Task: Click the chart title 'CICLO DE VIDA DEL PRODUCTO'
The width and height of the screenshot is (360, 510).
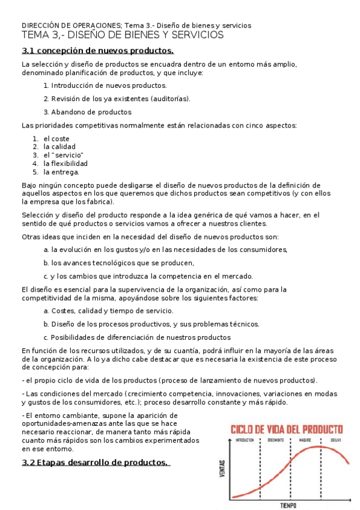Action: point(287,429)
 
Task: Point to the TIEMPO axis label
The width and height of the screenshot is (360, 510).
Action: point(288,505)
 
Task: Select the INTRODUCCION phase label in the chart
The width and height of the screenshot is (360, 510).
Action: point(245,440)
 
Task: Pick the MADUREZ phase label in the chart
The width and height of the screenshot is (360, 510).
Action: point(305,440)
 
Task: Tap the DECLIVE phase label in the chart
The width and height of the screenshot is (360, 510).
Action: point(335,440)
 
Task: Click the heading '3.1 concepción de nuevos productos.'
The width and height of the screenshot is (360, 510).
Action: point(97,51)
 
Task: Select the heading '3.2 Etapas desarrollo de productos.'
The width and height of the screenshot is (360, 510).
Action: point(95,462)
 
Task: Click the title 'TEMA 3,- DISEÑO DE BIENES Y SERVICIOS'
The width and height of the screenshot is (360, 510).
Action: point(123,35)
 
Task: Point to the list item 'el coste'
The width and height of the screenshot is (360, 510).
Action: point(56,138)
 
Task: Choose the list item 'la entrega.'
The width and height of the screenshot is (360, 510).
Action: point(61,171)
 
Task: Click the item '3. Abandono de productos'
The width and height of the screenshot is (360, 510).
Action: point(87,112)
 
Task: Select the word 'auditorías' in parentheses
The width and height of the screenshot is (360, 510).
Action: point(170,99)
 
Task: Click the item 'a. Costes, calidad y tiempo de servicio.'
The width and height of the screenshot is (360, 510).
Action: point(108,311)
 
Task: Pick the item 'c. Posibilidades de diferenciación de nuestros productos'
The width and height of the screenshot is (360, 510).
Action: point(137,337)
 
